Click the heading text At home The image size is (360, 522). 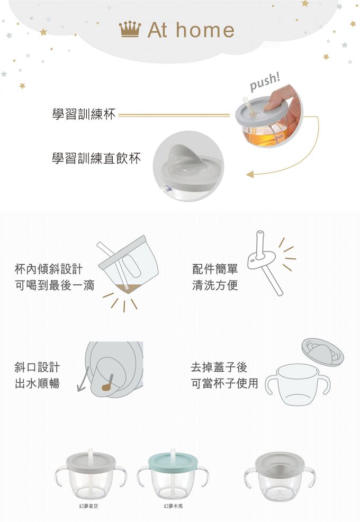[191, 30]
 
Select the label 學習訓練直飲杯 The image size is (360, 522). [96, 158]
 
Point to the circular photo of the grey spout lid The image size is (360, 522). [188, 165]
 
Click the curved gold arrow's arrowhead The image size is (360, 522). [249, 174]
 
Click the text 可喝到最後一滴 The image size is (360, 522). [55, 286]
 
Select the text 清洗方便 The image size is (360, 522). [215, 286]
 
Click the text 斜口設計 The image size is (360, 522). [37, 367]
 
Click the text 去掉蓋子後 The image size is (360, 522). [219, 367]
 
